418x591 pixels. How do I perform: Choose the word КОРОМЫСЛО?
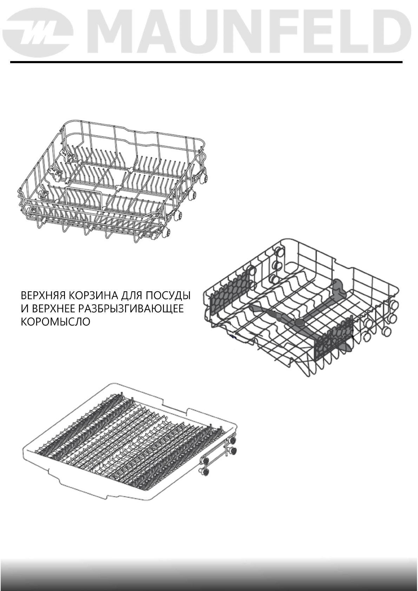click(55, 321)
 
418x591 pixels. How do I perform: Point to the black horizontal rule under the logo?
click(206, 62)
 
